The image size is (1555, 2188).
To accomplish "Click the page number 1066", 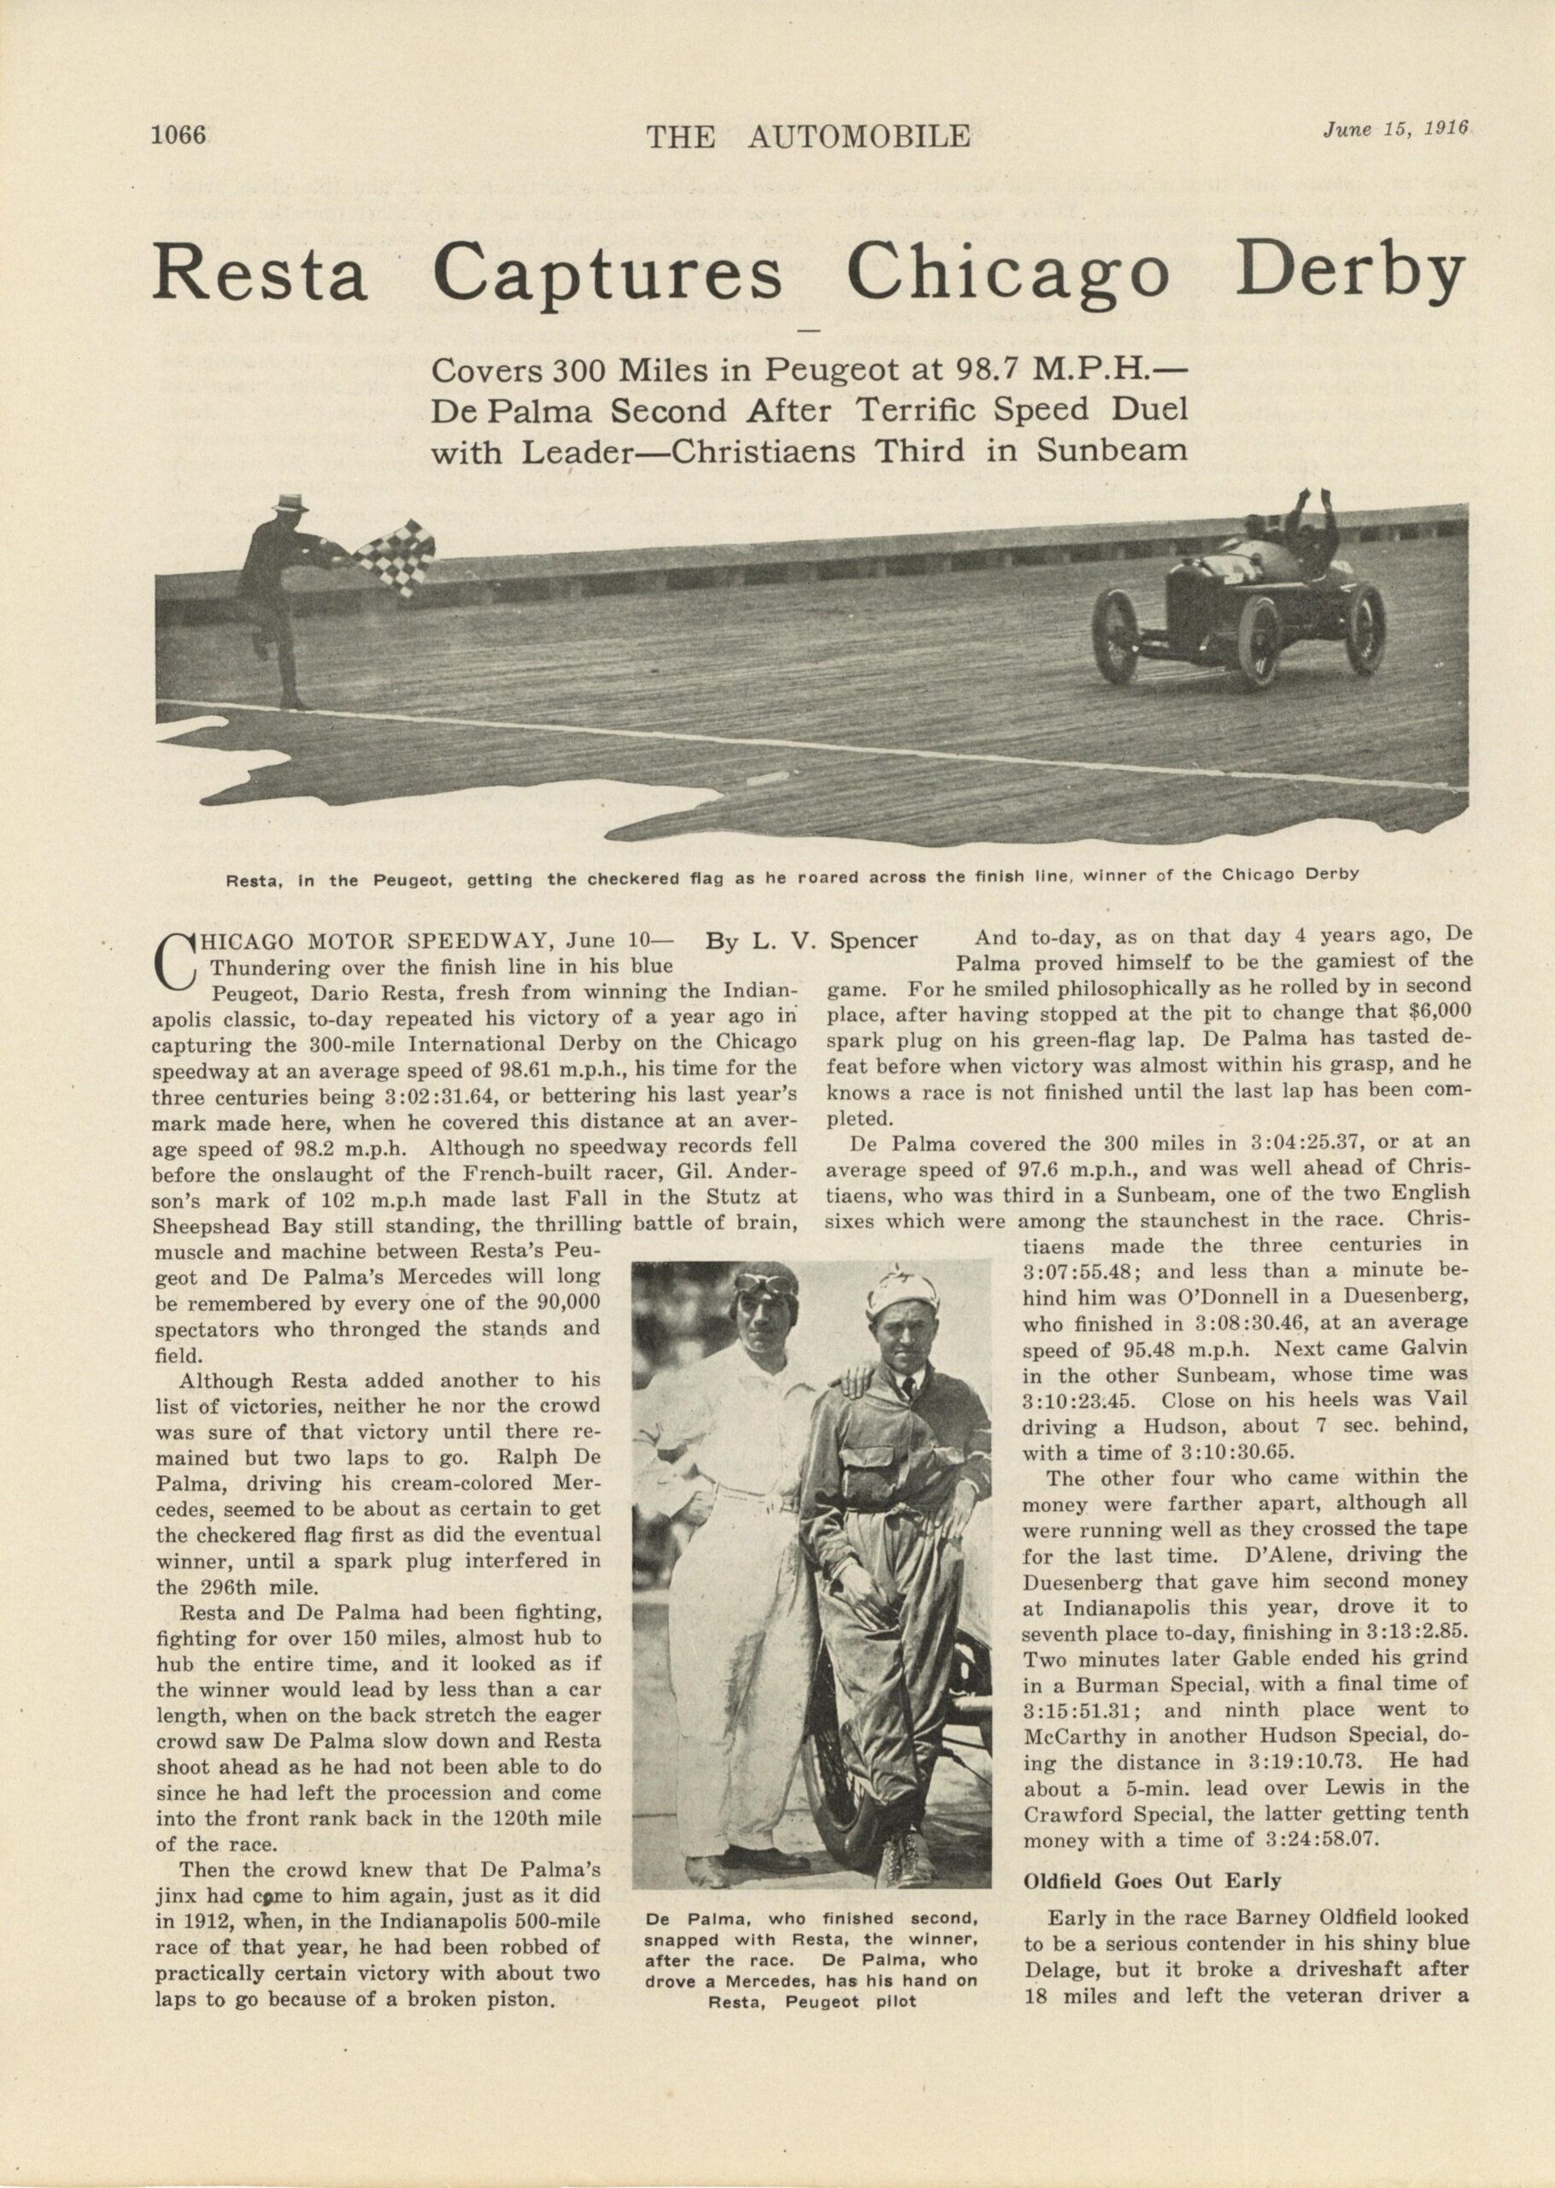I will (x=179, y=136).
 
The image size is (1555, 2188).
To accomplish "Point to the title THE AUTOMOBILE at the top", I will (x=808, y=137).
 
